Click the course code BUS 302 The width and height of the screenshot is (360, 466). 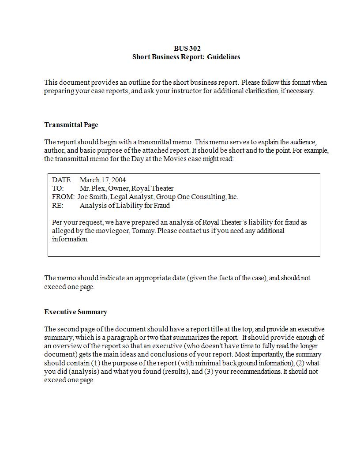tap(187, 48)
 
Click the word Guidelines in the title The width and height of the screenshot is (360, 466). tap(224, 57)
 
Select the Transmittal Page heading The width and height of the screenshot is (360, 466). tap(71, 125)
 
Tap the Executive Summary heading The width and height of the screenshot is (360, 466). tap(75, 312)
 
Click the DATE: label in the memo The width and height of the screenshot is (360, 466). tap(62, 180)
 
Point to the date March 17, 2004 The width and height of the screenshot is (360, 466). tap(102, 180)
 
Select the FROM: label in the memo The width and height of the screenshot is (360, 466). tap(63, 197)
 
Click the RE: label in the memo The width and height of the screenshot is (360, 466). tap(58, 206)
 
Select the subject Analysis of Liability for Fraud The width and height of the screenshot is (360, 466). tap(124, 206)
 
